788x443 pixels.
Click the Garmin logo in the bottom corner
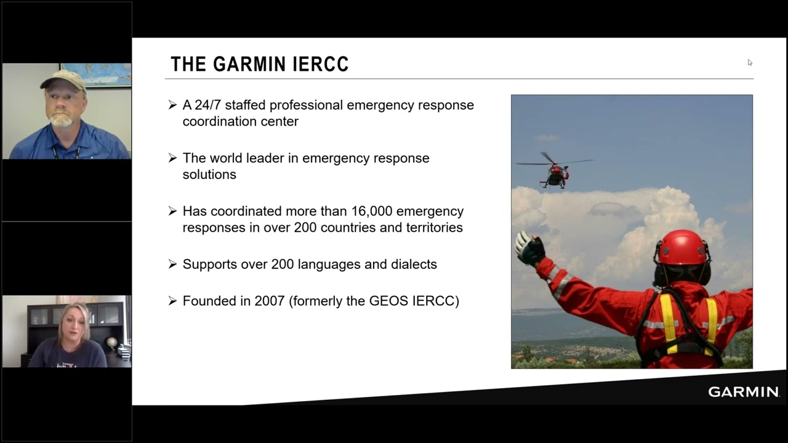pos(744,392)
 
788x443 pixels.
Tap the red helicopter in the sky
pos(555,171)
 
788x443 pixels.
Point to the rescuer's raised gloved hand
pos(530,248)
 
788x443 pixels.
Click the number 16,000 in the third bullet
pos(372,211)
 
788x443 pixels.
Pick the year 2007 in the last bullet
pos(270,301)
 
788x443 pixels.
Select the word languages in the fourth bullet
pos(329,265)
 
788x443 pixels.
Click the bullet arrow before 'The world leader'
pos(172,158)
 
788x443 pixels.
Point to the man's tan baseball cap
pos(63,79)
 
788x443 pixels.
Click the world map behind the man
pos(96,75)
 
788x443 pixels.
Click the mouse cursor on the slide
pos(750,63)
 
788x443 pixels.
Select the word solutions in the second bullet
pos(209,174)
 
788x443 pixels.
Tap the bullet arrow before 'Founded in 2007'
pos(172,301)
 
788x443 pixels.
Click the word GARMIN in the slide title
pos(249,64)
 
